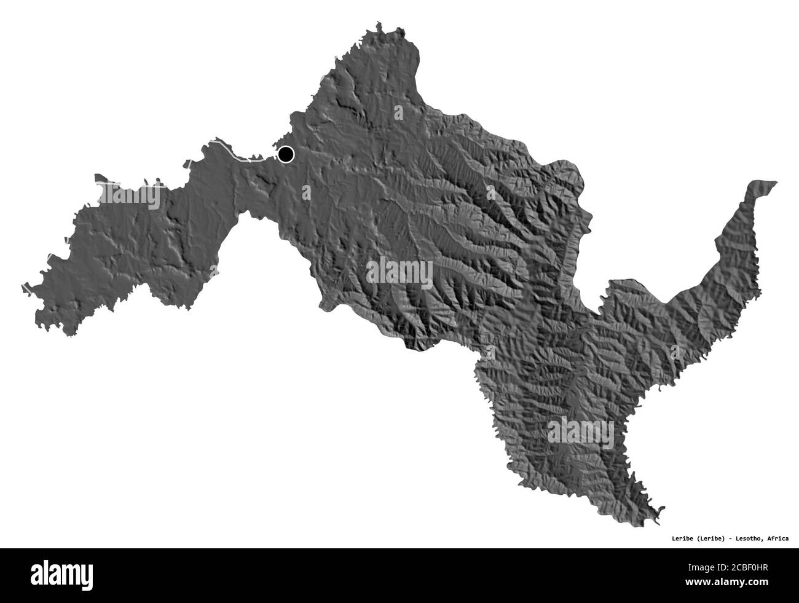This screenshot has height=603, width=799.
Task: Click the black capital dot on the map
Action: (x=285, y=154)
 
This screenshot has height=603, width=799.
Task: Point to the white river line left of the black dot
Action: (x=234, y=152)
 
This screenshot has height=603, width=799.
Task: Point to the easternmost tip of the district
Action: (x=777, y=182)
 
